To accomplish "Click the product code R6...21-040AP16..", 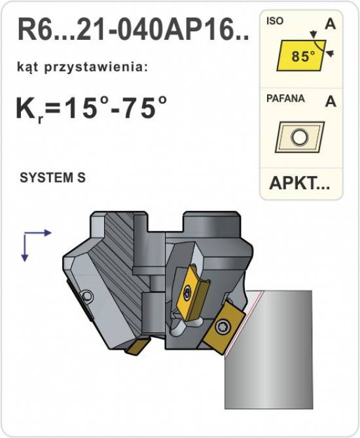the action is tap(133, 29).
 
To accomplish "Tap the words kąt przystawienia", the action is tap(82, 68).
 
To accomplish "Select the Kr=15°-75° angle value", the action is tap(92, 108).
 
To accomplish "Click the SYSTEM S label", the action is tap(52, 177).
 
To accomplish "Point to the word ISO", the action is tap(274, 21).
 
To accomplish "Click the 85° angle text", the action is tap(303, 56).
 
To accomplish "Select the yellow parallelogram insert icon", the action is tap(301, 55).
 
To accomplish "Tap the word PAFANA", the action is tap(285, 98).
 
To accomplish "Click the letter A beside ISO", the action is tap(331, 24).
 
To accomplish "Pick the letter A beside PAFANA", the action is tap(331, 101).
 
